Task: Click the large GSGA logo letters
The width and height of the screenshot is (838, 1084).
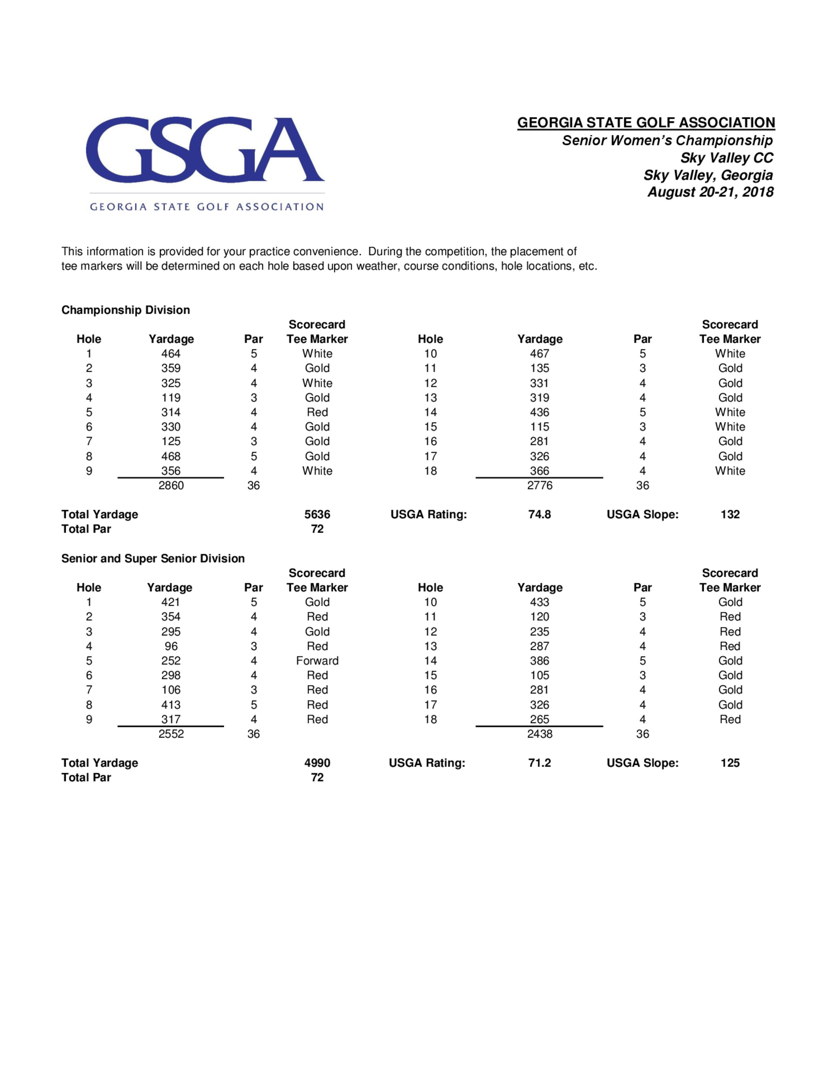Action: [x=204, y=150]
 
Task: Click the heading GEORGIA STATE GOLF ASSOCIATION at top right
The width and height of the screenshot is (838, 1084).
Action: [x=646, y=123]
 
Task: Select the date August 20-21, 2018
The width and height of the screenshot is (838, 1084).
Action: [x=710, y=192]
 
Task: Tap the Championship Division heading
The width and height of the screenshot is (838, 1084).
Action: [x=126, y=310]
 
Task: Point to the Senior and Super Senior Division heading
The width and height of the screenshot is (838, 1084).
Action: [x=153, y=558]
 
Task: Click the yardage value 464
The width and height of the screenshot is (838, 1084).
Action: [x=171, y=354]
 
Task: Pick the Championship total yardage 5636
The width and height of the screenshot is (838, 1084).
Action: [x=317, y=515]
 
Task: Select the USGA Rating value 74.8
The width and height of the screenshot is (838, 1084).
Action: [x=540, y=515]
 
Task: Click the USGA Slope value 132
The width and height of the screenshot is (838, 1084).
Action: [x=730, y=515]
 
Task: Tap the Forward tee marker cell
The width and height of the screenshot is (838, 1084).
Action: [x=317, y=661]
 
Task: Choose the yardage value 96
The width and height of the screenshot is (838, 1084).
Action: [x=171, y=646]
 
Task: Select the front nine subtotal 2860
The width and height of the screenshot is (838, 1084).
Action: [x=171, y=485]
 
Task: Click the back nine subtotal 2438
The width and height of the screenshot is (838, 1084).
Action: [x=540, y=734]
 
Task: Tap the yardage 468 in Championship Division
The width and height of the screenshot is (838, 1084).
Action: [x=171, y=456]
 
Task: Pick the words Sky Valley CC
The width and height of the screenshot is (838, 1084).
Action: [x=726, y=158]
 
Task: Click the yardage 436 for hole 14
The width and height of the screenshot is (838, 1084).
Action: [x=540, y=413]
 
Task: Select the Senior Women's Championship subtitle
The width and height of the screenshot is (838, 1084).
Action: [x=667, y=140]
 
